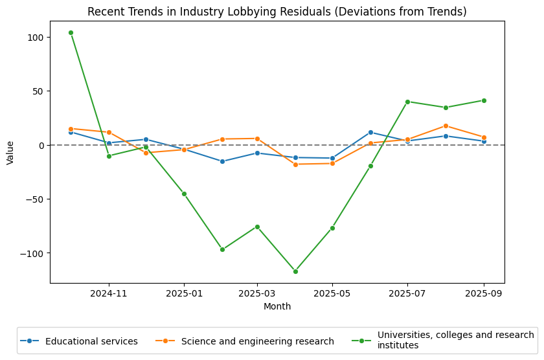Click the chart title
[277, 12]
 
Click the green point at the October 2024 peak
[71, 32]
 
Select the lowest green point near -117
[295, 271]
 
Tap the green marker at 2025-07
[407, 102]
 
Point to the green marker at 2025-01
[184, 194]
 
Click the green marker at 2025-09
[484, 100]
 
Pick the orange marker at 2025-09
[484, 137]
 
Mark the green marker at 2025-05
[332, 228]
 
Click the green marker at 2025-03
[257, 227]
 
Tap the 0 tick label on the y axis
[40, 145]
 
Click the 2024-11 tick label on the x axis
[109, 293]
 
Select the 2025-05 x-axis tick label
[332, 293]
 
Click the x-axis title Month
[277, 306]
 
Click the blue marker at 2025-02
[222, 161]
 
